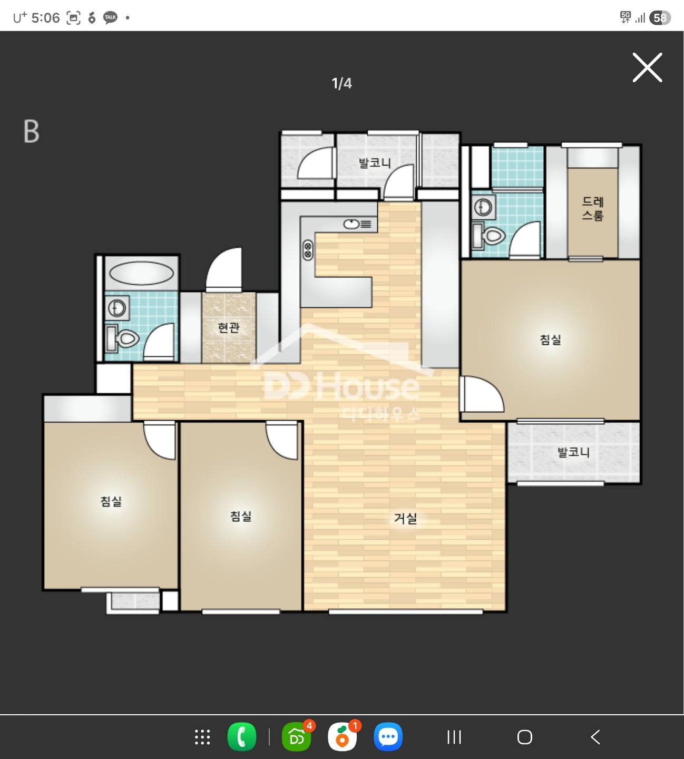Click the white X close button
[647, 67]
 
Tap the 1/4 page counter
[341, 83]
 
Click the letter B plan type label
[32, 131]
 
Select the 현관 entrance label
[229, 327]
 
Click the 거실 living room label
[406, 518]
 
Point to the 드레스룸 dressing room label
[592, 209]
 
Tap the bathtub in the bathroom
[141, 273]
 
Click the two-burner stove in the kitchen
[308, 250]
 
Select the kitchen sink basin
[351, 224]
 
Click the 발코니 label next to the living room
[573, 452]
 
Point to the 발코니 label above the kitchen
[375, 163]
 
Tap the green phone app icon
[242, 737]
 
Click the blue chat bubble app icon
[388, 737]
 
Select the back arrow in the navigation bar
[595, 737]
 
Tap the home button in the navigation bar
[525, 737]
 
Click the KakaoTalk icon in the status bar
[110, 17]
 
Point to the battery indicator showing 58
[660, 18]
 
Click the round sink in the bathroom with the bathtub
[118, 308]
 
